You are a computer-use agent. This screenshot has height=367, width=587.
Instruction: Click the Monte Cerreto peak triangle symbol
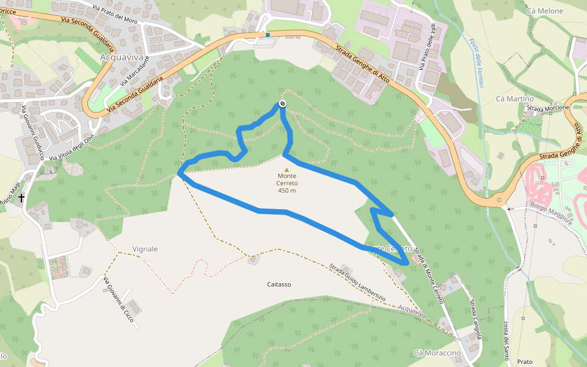click(287, 169)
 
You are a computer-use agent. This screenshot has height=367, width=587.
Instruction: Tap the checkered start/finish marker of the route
click(282, 104)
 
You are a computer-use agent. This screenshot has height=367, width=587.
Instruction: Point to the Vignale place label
click(145, 249)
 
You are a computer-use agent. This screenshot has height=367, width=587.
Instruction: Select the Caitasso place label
click(279, 284)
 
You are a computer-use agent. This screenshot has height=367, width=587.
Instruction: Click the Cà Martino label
click(515, 98)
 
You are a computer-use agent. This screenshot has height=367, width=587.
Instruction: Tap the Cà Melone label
click(544, 11)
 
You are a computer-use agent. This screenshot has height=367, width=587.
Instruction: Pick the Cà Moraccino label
click(437, 354)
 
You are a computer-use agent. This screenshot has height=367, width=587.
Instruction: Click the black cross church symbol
click(21, 198)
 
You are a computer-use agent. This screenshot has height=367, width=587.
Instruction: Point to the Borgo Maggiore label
click(551, 213)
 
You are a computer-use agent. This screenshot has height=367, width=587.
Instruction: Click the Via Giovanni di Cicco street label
click(119, 301)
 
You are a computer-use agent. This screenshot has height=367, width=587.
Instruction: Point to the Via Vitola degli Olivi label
click(74, 147)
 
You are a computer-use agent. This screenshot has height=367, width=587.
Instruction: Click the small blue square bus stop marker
click(267, 35)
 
